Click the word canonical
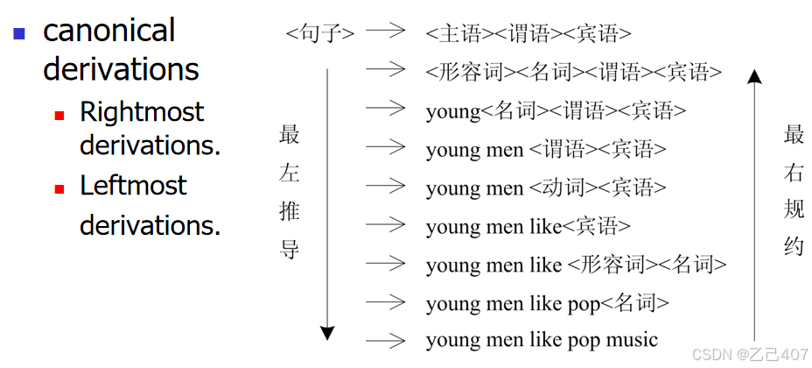pyautogui.click(x=109, y=31)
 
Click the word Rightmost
pyautogui.click(x=141, y=112)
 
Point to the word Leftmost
pyautogui.click(x=133, y=186)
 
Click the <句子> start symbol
pyautogui.click(x=320, y=34)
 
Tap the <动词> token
pyautogui.click(x=559, y=188)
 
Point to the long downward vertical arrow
pyautogui.click(x=326, y=202)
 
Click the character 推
pyautogui.click(x=290, y=211)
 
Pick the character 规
pyautogui.click(x=794, y=211)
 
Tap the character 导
pyautogui.click(x=290, y=250)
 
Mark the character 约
pyautogui.click(x=794, y=249)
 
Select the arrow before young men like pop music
pyautogui.click(x=386, y=339)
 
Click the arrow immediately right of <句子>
pyautogui.click(x=386, y=31)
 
